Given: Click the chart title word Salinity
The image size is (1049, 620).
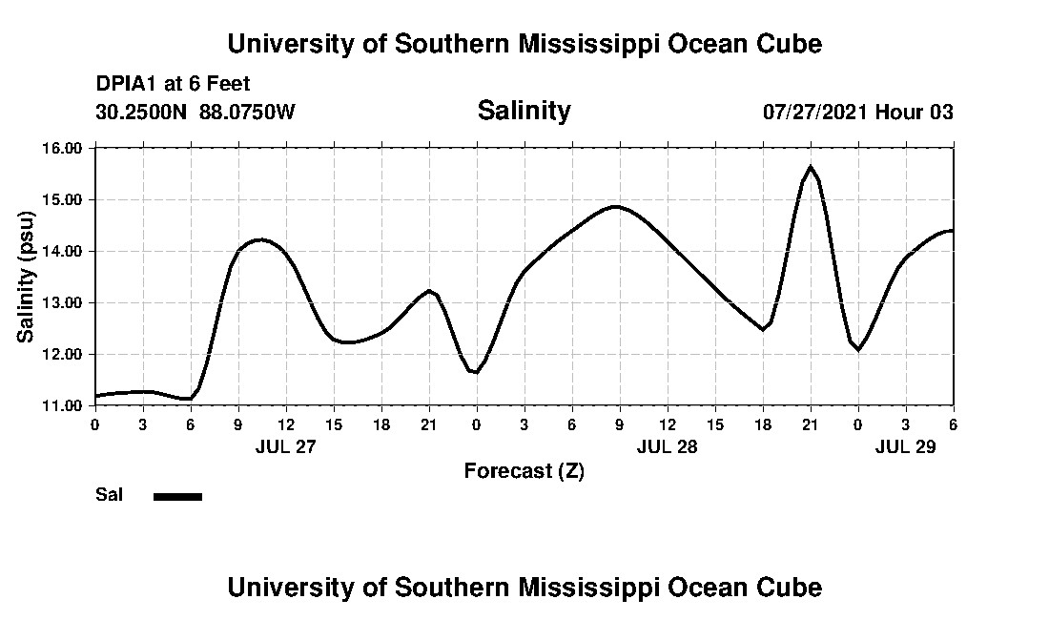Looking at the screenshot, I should [x=524, y=111].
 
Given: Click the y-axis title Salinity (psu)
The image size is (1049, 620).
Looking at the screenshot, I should [x=26, y=277].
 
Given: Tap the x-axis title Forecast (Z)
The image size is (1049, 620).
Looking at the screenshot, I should [x=524, y=470].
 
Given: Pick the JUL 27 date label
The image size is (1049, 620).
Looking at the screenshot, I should [x=285, y=446].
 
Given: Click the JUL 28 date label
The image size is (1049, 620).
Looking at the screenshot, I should [x=667, y=446].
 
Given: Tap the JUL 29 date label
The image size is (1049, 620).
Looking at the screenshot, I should [x=905, y=446].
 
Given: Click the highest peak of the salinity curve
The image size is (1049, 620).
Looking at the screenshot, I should [x=811, y=167].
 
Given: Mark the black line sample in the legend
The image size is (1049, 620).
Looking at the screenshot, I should [x=177, y=496].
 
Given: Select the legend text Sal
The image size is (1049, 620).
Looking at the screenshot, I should [x=109, y=495].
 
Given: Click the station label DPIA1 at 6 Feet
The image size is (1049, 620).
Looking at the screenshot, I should [x=173, y=84].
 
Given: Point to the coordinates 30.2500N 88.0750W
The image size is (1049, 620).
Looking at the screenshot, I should [x=195, y=112].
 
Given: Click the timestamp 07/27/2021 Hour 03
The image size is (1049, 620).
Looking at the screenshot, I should [x=857, y=112].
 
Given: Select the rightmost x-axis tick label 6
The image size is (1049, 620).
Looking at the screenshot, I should [x=953, y=424].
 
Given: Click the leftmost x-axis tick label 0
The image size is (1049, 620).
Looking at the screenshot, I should [x=94, y=424].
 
